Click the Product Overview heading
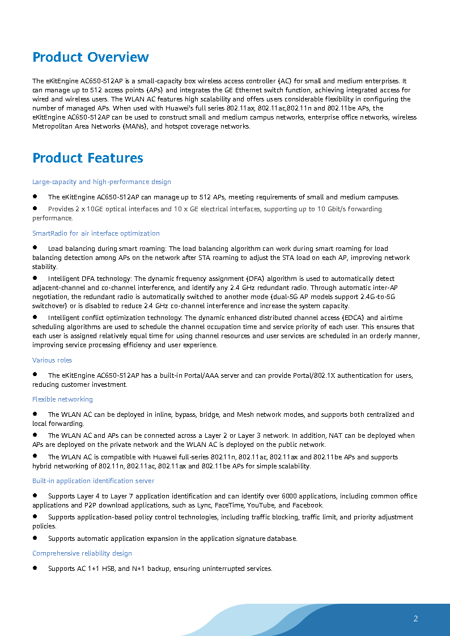pos(91,57)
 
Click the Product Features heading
pos(88,158)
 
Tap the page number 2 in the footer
pos(415,618)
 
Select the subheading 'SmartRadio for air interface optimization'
pos(96,233)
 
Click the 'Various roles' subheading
pos(52,360)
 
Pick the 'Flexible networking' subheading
pos(62,399)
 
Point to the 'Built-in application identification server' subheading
pos(93,481)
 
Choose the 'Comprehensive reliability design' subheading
pos(82,553)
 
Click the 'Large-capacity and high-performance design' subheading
pos(101,182)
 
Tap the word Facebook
pos(308,505)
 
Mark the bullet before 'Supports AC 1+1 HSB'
pos(35,567)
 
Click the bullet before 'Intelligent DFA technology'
pos(35,278)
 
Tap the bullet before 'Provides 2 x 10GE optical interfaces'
pos(35,208)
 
